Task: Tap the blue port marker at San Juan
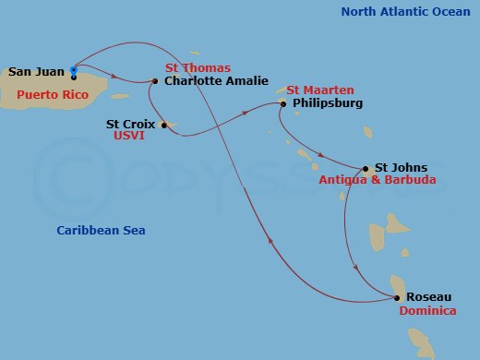coord(74,69)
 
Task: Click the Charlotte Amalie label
coord(216,81)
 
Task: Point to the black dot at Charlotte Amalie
coord(155,81)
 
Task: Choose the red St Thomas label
coord(198,67)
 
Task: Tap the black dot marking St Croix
coord(163,124)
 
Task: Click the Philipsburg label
coord(327,103)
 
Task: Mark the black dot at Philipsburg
coord(283,103)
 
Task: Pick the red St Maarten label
coord(318,90)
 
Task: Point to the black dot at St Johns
coord(366,169)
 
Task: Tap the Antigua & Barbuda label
coord(378,181)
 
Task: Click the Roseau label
coord(429,297)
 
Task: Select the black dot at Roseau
coord(397,298)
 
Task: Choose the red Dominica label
coord(428,311)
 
